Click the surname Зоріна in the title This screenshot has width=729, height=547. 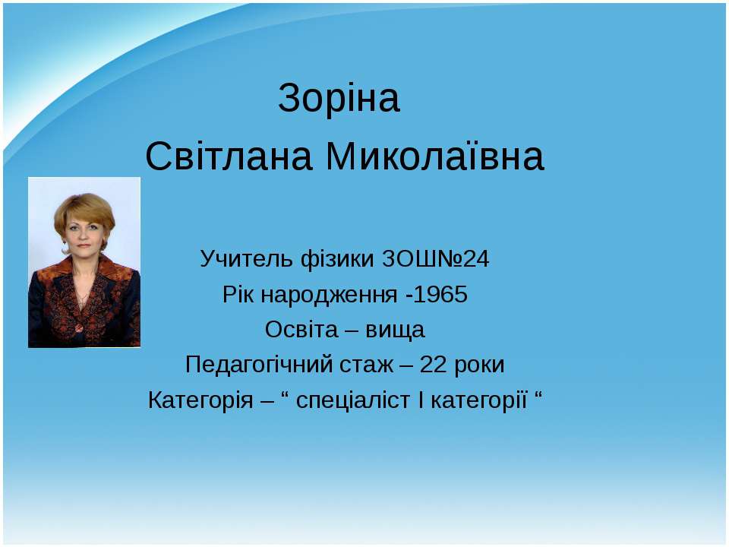pos(339,99)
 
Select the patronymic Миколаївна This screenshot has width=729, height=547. pos(436,157)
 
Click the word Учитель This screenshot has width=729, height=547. pos(238,260)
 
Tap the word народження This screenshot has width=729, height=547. pos(329,295)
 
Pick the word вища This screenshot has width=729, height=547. pos(396,330)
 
